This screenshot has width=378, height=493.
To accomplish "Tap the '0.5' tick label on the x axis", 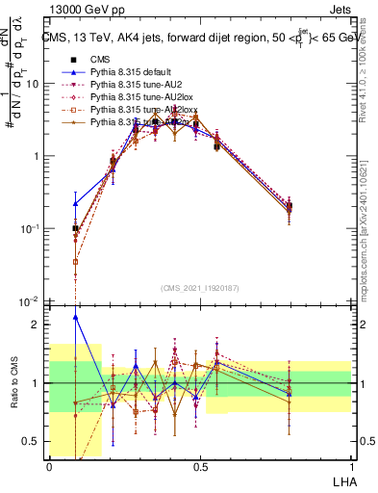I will click(x=199, y=466).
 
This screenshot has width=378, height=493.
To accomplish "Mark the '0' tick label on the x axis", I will click(x=49, y=466).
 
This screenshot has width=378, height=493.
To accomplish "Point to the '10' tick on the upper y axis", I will click(x=32, y=84).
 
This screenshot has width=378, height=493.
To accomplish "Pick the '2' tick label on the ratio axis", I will click(x=36, y=324).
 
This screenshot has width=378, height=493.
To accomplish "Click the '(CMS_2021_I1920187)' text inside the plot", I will click(x=199, y=286).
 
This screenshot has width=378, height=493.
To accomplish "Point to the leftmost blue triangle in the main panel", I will click(x=76, y=203).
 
